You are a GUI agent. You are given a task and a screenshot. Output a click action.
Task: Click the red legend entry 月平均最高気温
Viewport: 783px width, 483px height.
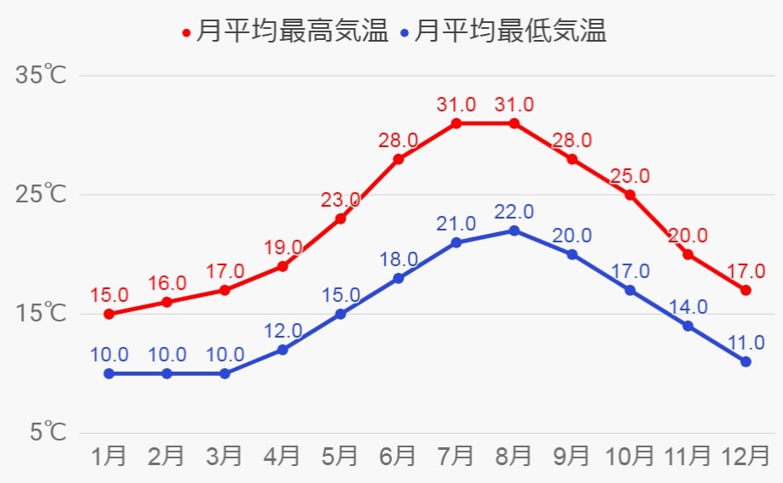(x=286, y=33)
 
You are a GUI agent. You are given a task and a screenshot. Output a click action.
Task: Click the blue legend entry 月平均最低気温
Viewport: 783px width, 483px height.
(x=505, y=33)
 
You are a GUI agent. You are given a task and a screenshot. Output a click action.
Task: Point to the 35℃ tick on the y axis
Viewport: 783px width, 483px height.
(x=40, y=75)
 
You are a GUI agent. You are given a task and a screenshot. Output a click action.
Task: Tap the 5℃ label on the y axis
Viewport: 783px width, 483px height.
(x=45, y=432)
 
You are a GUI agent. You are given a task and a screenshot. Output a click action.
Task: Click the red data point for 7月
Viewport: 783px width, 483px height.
(x=456, y=123)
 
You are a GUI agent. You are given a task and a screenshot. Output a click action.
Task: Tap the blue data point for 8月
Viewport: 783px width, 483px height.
(x=513, y=230)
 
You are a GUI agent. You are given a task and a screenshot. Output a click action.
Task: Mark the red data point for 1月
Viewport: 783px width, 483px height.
(x=109, y=314)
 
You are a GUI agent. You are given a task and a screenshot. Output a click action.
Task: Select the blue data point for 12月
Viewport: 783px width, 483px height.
(x=746, y=361)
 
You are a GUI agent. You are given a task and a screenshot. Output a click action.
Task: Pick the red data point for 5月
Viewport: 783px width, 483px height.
(x=340, y=219)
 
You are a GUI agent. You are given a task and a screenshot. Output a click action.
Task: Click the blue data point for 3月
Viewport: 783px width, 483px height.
(x=224, y=373)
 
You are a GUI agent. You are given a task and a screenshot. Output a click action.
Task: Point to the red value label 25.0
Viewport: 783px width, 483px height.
(x=630, y=176)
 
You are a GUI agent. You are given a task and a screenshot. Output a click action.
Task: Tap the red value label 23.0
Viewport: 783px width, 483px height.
(x=340, y=200)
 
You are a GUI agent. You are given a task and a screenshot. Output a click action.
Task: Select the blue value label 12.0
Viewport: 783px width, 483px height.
(x=282, y=331)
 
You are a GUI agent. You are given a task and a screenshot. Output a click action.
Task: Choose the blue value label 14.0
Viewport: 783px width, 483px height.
(x=688, y=307)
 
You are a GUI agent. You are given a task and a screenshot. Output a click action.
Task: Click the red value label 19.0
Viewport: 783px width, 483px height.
(x=282, y=247)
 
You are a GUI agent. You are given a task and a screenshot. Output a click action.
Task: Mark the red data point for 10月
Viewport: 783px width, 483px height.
(x=630, y=195)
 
